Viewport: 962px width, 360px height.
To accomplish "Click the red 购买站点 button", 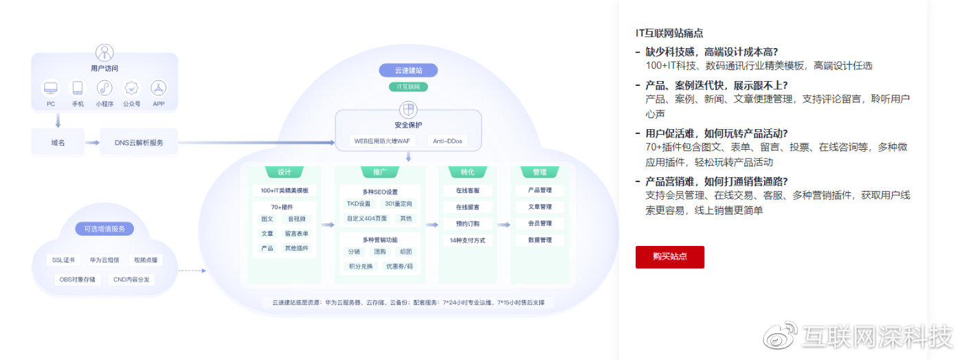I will (669, 257).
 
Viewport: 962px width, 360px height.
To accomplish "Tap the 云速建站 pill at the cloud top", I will (408, 70).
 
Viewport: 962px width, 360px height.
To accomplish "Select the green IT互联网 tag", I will (408, 87).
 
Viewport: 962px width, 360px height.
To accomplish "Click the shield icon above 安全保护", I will (408, 110).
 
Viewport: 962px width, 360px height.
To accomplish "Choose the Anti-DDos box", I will (447, 141).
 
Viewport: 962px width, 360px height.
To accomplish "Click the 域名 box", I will (58, 142).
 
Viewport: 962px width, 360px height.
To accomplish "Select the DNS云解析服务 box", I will (139, 142).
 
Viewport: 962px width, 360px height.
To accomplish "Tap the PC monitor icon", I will (51, 88).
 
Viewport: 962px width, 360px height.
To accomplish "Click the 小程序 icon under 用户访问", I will (104, 88).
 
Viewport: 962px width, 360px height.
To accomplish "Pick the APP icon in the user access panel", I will (159, 88).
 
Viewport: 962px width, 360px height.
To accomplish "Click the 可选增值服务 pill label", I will (104, 229).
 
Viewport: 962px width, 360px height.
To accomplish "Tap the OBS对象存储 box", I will (77, 280).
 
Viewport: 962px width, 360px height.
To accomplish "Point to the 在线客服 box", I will (467, 190).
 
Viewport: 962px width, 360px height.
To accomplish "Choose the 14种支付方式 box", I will (467, 240).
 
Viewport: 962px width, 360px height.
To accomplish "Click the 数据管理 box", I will (539, 240).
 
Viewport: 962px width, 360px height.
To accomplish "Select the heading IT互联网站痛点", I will (669, 33).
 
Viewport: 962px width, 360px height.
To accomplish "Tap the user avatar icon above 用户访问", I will (104, 52).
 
